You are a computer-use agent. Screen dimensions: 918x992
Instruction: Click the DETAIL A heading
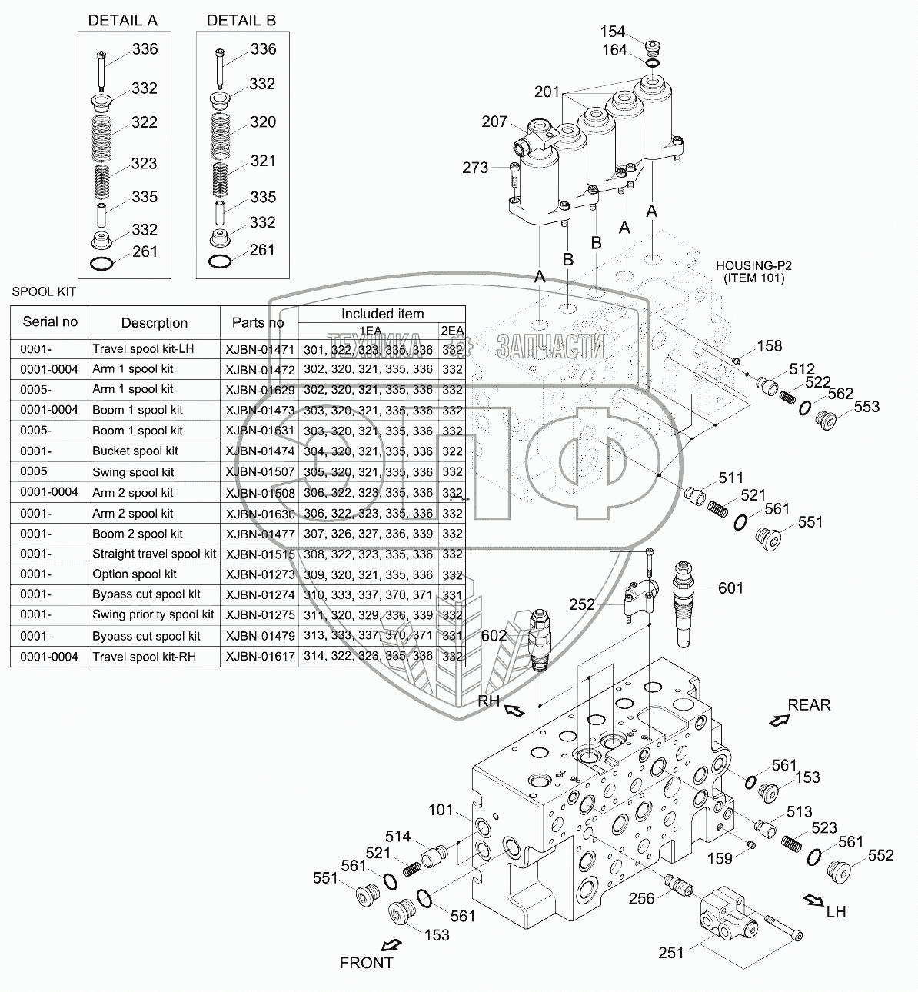coord(122,21)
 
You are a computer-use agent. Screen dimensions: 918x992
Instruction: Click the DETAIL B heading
coord(241,21)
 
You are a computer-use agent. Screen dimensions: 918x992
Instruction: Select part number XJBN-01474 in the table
coord(260,451)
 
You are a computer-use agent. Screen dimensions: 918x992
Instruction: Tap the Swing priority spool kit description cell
coord(153,614)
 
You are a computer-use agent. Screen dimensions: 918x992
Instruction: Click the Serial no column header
coord(50,321)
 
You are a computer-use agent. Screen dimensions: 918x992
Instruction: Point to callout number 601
coord(730,588)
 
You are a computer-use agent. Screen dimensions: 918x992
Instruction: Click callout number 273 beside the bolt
coord(475,168)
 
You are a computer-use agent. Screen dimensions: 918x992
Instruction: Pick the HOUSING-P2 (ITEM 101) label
coord(753,271)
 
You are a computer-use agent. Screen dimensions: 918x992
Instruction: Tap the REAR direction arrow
coord(780,721)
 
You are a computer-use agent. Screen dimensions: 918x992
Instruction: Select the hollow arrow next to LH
coord(813,900)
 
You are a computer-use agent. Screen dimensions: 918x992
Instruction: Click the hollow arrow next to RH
coord(514,711)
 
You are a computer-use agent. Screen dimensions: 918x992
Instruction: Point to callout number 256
coord(641,899)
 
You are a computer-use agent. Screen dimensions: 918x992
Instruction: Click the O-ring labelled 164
coord(651,63)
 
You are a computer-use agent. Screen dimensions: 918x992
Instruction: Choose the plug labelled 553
coord(826,420)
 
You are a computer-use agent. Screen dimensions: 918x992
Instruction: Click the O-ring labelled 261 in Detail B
coord(219,261)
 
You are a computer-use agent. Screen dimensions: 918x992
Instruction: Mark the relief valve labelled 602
coord(540,641)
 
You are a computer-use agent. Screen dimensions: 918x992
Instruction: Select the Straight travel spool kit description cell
coord(154,554)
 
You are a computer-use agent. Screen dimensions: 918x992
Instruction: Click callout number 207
coord(494,122)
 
